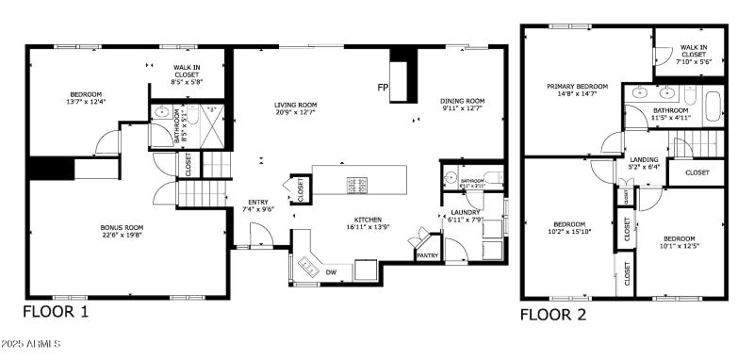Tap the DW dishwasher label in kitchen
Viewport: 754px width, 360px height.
331,272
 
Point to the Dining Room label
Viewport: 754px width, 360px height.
462,105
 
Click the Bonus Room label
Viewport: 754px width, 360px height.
122,232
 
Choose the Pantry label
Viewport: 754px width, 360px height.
427,254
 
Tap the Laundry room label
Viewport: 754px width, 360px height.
466,216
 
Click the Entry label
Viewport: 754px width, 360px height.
257,205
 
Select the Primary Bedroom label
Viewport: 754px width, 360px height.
577,90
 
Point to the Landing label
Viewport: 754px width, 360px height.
644,164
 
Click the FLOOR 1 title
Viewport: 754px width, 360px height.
56,313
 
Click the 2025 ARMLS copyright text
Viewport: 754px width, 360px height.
30,345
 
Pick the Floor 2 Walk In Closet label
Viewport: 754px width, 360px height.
695,53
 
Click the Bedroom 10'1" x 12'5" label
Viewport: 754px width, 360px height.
679,242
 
